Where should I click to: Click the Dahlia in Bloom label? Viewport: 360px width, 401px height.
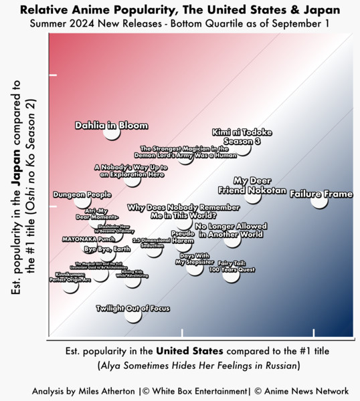click(111, 125)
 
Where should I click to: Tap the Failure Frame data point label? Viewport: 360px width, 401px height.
click(321, 194)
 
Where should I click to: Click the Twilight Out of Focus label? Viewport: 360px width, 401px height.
click(132, 308)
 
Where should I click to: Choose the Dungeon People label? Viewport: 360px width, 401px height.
click(82, 194)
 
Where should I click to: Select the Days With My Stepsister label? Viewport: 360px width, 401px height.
click(195, 259)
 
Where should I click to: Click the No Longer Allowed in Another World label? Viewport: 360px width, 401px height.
click(231, 230)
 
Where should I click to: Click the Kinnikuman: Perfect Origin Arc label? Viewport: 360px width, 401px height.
click(70, 277)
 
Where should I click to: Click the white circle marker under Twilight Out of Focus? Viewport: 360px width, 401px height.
click(133, 315)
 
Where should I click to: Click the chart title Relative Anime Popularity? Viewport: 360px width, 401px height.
click(179, 10)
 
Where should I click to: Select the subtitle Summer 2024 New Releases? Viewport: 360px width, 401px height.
click(179, 24)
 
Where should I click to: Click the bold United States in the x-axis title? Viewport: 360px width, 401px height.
click(190, 350)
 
